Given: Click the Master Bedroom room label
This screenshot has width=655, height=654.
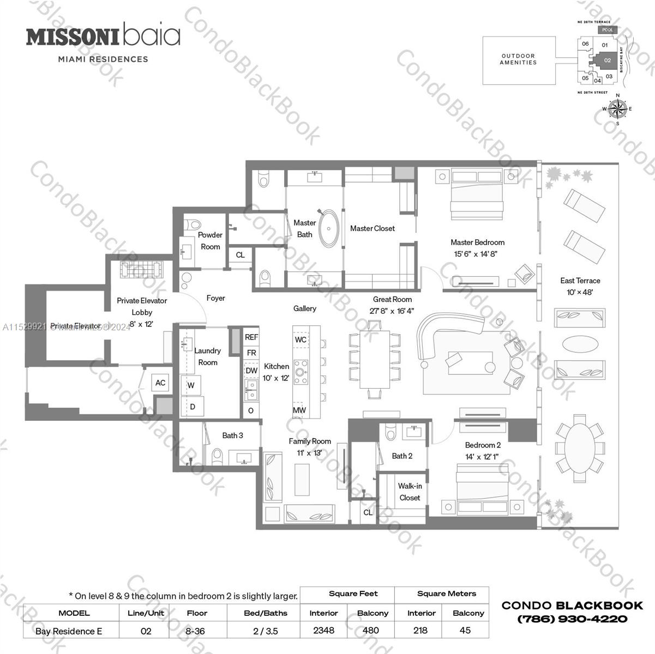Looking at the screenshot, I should click(x=477, y=243).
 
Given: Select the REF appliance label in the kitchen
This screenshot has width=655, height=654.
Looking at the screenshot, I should click(x=251, y=337).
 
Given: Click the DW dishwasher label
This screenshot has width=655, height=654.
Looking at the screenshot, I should click(x=251, y=371).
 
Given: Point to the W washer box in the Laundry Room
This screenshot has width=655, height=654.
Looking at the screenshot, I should click(x=191, y=385).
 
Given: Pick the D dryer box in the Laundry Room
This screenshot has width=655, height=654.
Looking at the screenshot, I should click(x=193, y=407).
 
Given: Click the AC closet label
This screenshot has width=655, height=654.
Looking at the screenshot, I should click(x=160, y=383).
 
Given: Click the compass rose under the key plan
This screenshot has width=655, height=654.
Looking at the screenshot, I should click(x=617, y=109).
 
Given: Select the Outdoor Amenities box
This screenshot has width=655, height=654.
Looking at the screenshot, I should click(x=519, y=59).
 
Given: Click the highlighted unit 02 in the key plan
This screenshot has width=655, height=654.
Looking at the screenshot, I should click(x=606, y=60).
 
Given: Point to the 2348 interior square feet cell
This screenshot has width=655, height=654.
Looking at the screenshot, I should click(x=323, y=630).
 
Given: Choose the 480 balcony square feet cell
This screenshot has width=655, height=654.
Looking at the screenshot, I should click(x=371, y=630).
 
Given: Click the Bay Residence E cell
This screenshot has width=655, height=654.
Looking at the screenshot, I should click(x=69, y=631).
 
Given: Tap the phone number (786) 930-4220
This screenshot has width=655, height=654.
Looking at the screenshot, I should click(x=572, y=619).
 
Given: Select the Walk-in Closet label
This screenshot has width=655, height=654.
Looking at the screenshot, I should click(x=410, y=492).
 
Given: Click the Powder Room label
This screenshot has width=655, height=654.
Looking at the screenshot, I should click(x=211, y=240).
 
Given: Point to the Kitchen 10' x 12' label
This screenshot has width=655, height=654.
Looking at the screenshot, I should click(x=277, y=372).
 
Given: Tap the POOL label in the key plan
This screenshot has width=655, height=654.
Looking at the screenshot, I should click(x=608, y=30).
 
